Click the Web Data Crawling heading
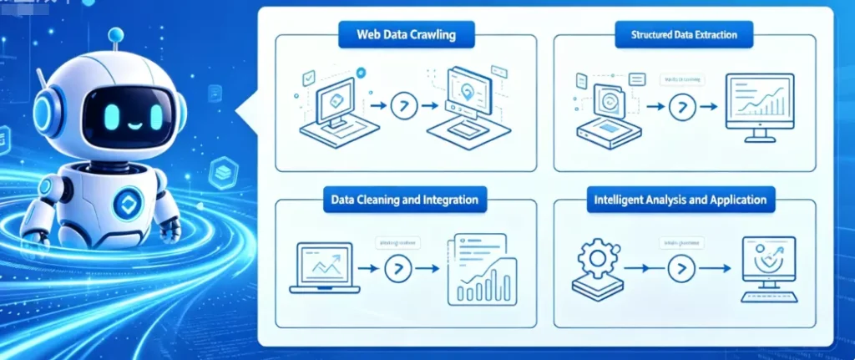(407, 35)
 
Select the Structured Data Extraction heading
(683, 36)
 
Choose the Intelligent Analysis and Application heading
(681, 200)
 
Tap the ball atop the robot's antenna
(116, 34)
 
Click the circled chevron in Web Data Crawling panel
(403, 107)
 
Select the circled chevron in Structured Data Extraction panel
(682, 107)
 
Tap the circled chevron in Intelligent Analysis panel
(682, 269)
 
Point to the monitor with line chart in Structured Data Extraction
(759, 105)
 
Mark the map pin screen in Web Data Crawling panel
(470, 103)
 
